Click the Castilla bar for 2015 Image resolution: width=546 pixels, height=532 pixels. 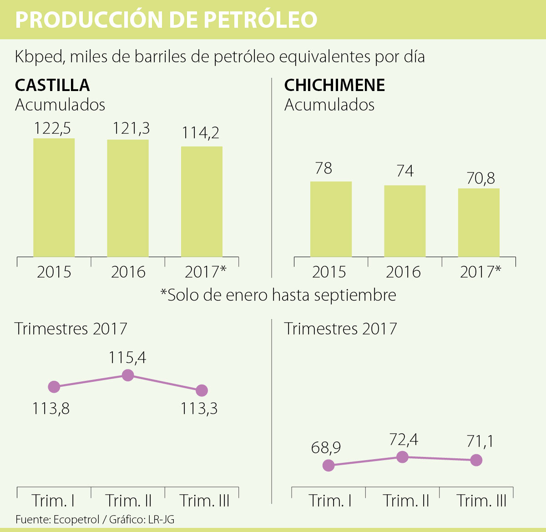pos(54,198)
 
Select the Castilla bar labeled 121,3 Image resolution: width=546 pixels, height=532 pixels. pos(128,198)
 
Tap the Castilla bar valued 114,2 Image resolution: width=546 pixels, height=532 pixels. pos(202,202)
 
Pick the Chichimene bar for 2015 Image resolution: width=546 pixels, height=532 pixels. pos(331,219)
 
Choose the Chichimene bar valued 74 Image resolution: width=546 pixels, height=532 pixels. pos(404,221)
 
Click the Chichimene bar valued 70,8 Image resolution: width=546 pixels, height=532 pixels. pos(479,223)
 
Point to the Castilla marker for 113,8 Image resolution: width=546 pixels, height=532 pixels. pos(54,387)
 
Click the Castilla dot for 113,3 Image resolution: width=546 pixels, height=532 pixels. pos(202,390)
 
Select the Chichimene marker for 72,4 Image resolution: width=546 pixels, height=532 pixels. pos(402,457)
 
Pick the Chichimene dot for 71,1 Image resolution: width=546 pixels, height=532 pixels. pos(476,460)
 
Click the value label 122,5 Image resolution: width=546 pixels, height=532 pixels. pos(52,129)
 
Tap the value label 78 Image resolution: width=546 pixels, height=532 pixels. pos(324,168)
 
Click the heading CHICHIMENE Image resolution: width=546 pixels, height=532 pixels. pos(334,85)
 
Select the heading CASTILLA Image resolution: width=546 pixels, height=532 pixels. pos(52,85)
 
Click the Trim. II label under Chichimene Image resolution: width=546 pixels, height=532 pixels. pos(406,501)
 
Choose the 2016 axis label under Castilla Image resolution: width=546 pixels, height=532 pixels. pos(128,272)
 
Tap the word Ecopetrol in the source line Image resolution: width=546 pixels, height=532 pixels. pos(76,519)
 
